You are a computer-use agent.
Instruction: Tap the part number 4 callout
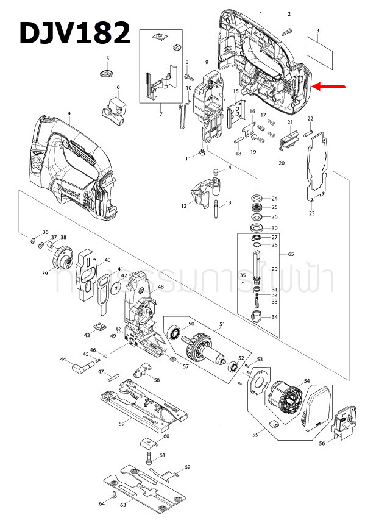pos(69,114)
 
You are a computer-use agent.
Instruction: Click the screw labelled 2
pos(289,27)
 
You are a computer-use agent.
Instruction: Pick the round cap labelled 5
pos(107,74)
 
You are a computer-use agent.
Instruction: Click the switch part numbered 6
pos(114,107)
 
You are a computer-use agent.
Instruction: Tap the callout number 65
pos(291,254)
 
